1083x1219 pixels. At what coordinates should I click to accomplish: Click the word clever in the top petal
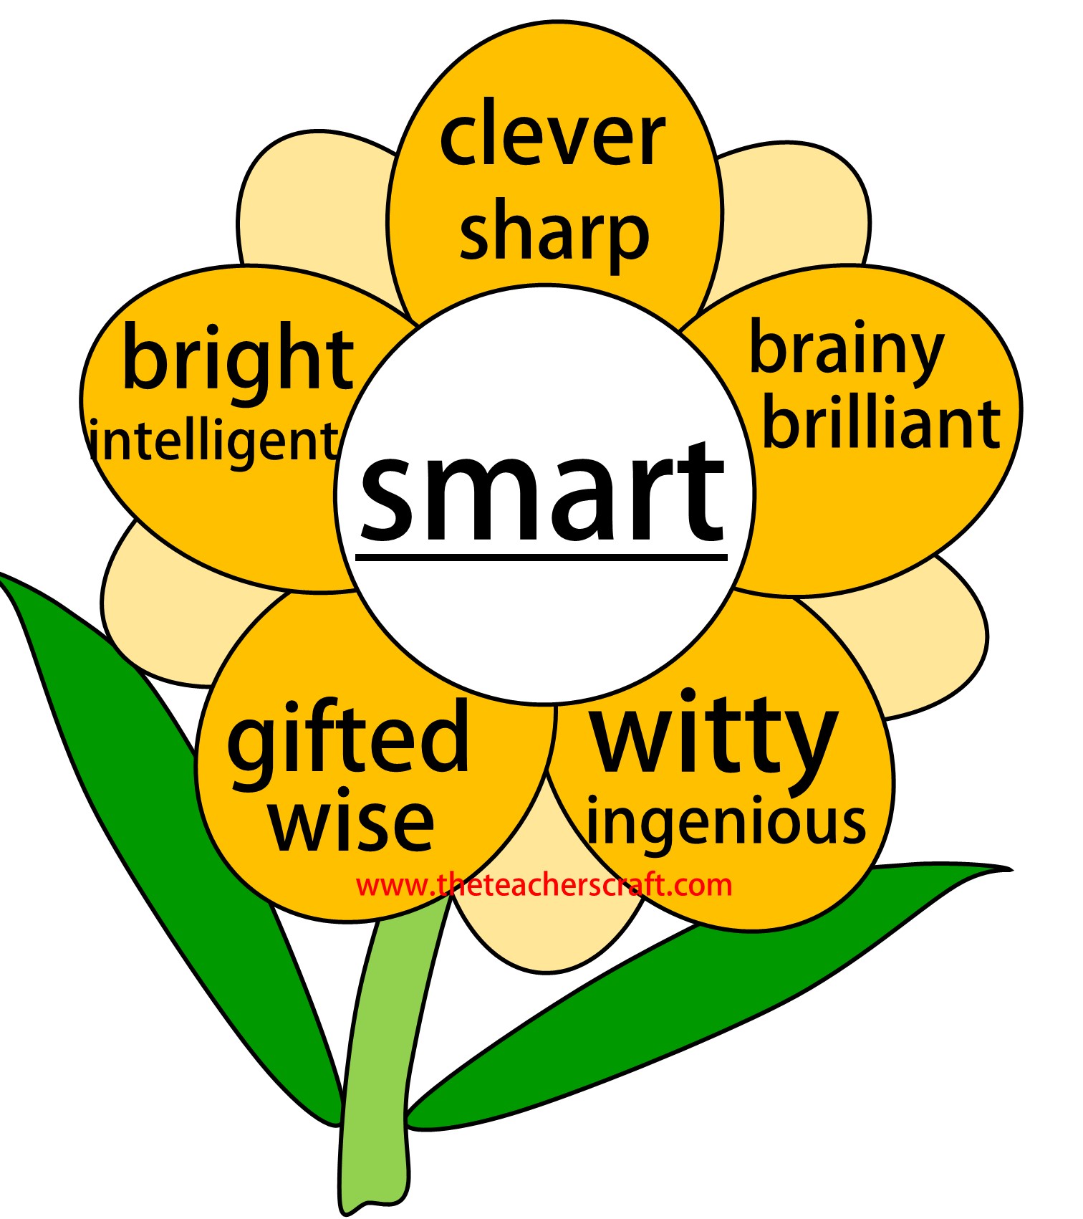(x=552, y=135)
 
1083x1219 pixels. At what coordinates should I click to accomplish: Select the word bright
(x=238, y=358)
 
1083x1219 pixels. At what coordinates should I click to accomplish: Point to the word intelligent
(x=213, y=441)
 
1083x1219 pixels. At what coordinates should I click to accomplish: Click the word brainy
(x=846, y=351)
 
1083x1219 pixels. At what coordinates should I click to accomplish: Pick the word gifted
(x=348, y=738)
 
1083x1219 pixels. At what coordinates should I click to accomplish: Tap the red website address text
(x=544, y=885)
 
